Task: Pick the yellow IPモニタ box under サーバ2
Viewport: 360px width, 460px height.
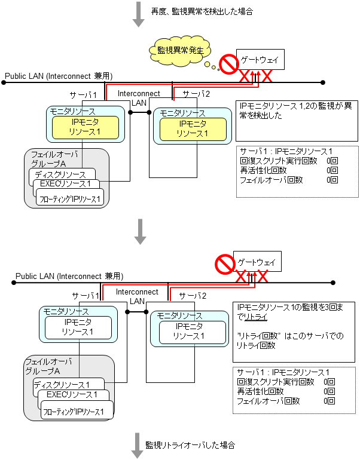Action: (x=193, y=128)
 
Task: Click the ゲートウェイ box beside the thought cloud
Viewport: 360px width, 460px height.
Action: (x=258, y=59)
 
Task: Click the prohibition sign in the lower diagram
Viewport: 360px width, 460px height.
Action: (x=225, y=264)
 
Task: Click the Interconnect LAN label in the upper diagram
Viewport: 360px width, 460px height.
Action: (x=139, y=98)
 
